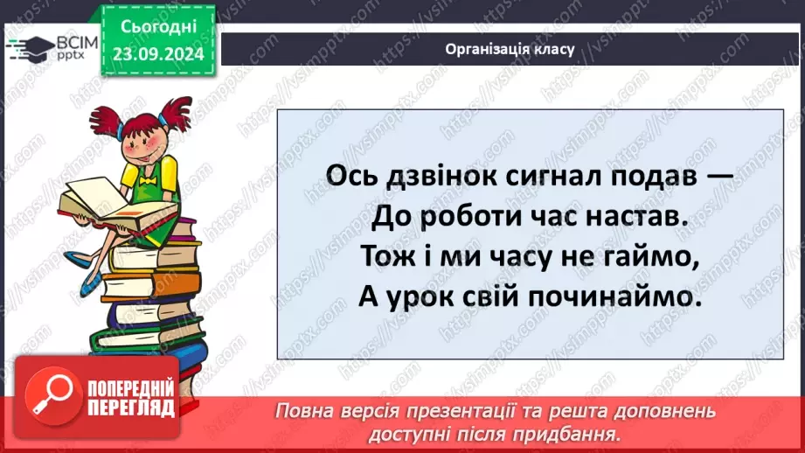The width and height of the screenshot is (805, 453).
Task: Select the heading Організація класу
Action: (x=510, y=49)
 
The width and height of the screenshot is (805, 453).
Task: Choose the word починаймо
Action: (x=621, y=297)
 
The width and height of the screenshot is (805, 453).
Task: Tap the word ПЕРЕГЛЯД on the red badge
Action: (x=131, y=408)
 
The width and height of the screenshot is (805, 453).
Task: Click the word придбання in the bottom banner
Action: (x=573, y=433)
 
